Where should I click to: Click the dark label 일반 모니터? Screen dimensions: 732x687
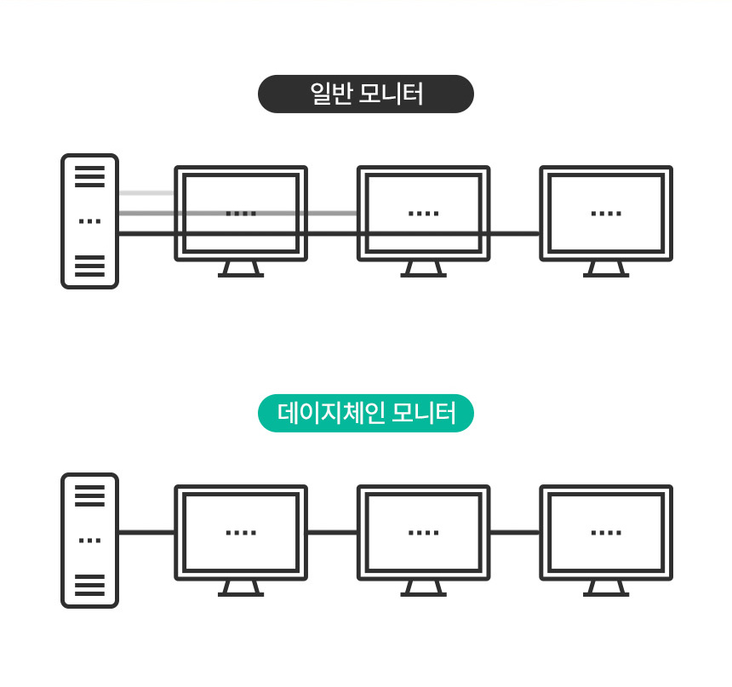click(x=366, y=94)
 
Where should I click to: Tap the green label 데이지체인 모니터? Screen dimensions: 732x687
click(x=366, y=414)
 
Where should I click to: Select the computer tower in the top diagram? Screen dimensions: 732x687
click(x=89, y=221)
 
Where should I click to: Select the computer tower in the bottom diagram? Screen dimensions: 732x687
click(x=89, y=541)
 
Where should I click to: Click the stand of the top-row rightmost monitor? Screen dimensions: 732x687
click(x=606, y=270)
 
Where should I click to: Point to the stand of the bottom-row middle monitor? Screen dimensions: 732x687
click(x=423, y=588)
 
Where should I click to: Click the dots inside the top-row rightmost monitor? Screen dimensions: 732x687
click(x=606, y=214)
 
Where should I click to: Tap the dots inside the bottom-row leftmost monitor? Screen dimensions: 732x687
click(x=241, y=532)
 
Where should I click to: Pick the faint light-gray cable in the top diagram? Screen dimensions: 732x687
click(x=146, y=193)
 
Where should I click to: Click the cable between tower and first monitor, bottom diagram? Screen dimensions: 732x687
click(x=146, y=532)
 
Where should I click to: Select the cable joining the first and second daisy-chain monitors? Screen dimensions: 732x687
click(x=333, y=532)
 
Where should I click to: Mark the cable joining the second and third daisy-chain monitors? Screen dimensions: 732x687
click(x=515, y=532)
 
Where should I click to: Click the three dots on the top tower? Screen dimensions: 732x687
click(x=89, y=221)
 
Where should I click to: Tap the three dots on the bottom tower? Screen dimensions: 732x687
click(x=89, y=541)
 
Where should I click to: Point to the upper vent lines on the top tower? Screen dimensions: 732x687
click(x=89, y=176)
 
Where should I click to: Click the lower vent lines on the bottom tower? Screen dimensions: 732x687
click(x=89, y=585)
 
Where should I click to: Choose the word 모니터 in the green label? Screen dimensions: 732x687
click(x=423, y=414)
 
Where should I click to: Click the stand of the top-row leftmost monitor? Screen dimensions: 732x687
click(x=241, y=270)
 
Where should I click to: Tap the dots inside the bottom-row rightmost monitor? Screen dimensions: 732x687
click(x=606, y=532)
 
